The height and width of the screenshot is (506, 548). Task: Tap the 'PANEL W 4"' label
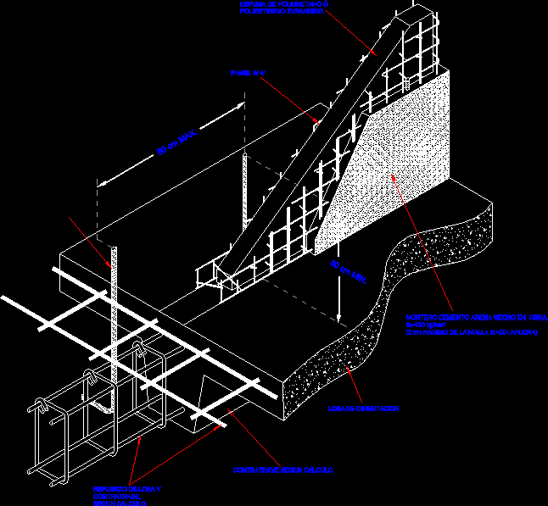tap(248, 74)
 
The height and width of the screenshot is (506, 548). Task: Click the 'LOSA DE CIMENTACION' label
tap(363, 409)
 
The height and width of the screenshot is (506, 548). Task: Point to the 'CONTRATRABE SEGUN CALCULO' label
tap(283, 470)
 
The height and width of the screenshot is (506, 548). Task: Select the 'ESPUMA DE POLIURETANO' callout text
tap(285, 8)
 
